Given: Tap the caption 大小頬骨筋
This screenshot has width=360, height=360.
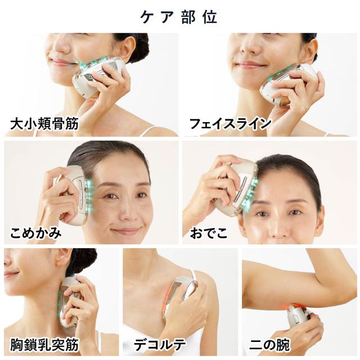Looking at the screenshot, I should tap(44, 123).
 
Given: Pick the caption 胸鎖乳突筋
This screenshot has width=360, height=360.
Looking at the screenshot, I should tap(44, 343).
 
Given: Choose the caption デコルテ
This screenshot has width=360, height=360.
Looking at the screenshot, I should tap(163, 343).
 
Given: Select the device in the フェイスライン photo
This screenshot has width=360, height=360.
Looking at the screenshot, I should tap(284, 84).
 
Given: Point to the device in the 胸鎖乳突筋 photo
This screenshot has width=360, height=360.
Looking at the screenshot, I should tap(69, 301).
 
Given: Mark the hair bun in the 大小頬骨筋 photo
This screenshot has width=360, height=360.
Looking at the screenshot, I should tap(138, 45).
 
